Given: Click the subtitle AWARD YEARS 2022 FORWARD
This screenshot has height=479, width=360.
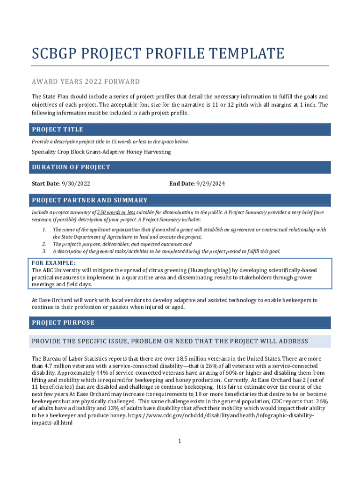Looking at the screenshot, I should click(86, 82).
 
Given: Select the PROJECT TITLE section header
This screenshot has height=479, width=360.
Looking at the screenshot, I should click(58, 130).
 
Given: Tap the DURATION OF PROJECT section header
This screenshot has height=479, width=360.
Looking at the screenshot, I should click(71, 167).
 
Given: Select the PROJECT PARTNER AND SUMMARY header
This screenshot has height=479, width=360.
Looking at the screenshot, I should click(90, 200).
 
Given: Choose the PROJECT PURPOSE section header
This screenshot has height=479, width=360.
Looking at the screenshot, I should click(63, 323).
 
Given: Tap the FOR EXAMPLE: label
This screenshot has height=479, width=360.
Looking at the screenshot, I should click(53, 263).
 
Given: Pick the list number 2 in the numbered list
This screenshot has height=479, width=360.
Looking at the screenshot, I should click(44, 244).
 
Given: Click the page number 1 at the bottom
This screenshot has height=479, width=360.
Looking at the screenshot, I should click(179, 441).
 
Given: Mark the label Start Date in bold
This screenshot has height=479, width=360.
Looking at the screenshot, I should click(45, 184).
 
